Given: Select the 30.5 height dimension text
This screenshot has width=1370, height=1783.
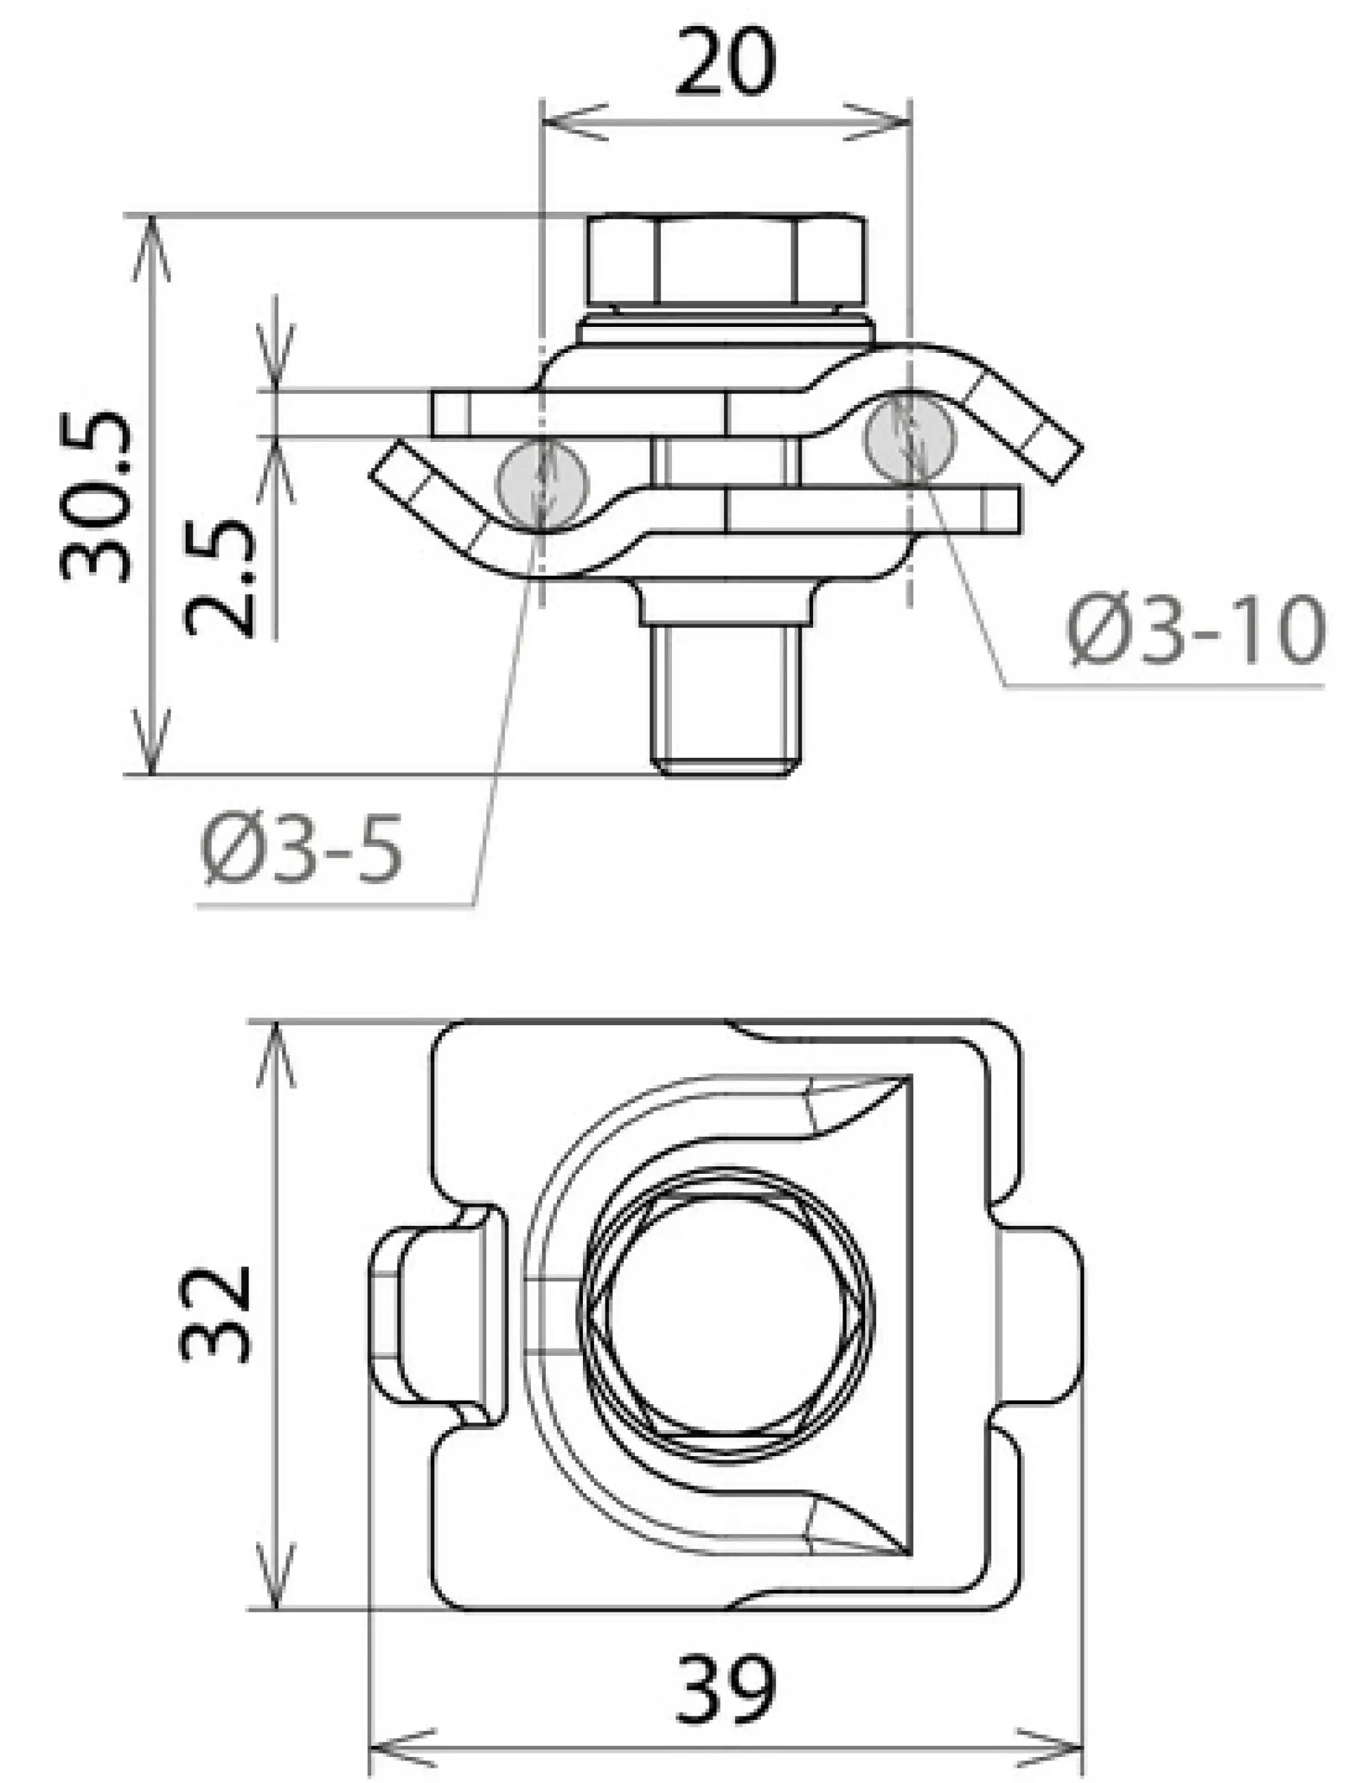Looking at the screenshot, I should point(96,497).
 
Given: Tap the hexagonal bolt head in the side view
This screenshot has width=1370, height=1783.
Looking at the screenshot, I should point(726,260).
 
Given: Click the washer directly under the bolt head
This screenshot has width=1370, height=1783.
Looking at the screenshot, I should point(726,331).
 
